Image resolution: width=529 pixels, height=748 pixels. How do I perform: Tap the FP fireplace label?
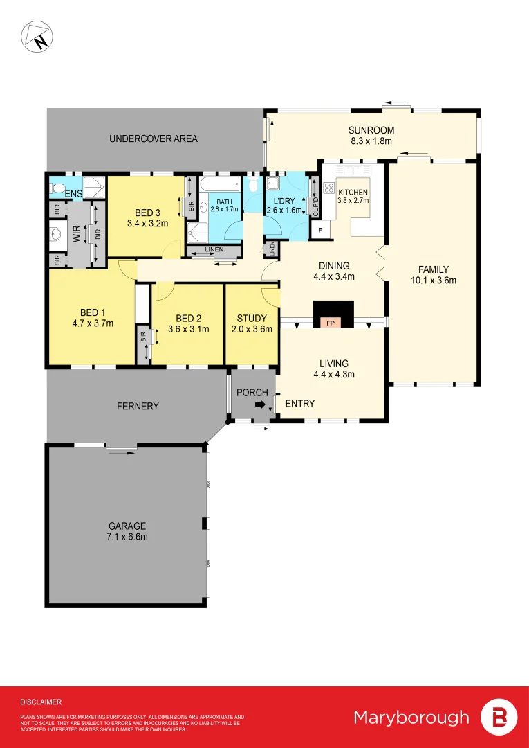pyautogui.click(x=331, y=323)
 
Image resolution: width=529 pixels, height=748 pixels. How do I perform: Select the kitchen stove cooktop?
pyautogui.click(x=327, y=188)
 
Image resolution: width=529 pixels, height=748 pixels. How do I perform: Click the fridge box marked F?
pyautogui.click(x=320, y=229)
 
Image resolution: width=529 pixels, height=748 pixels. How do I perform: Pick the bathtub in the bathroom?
pyautogui.click(x=220, y=185)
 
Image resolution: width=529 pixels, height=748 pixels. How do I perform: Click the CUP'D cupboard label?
pyautogui.click(x=315, y=206)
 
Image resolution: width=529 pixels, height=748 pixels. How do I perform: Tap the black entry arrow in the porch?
pyautogui.click(x=259, y=407)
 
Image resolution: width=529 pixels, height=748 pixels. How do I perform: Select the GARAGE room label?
pyautogui.click(x=127, y=526)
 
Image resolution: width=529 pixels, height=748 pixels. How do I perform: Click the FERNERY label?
pyautogui.click(x=138, y=406)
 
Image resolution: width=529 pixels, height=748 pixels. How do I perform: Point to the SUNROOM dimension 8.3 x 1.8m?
pyautogui.click(x=371, y=141)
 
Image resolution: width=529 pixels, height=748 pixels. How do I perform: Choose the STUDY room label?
pyautogui.click(x=252, y=319)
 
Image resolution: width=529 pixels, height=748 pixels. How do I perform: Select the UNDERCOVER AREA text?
pyautogui.click(x=154, y=139)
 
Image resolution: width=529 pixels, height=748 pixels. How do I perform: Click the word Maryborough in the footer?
pyautogui.click(x=411, y=717)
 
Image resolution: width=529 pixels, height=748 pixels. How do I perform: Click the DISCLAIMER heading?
pyautogui.click(x=41, y=702)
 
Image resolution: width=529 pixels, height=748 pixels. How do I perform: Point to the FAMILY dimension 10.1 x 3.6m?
pyautogui.click(x=434, y=280)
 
